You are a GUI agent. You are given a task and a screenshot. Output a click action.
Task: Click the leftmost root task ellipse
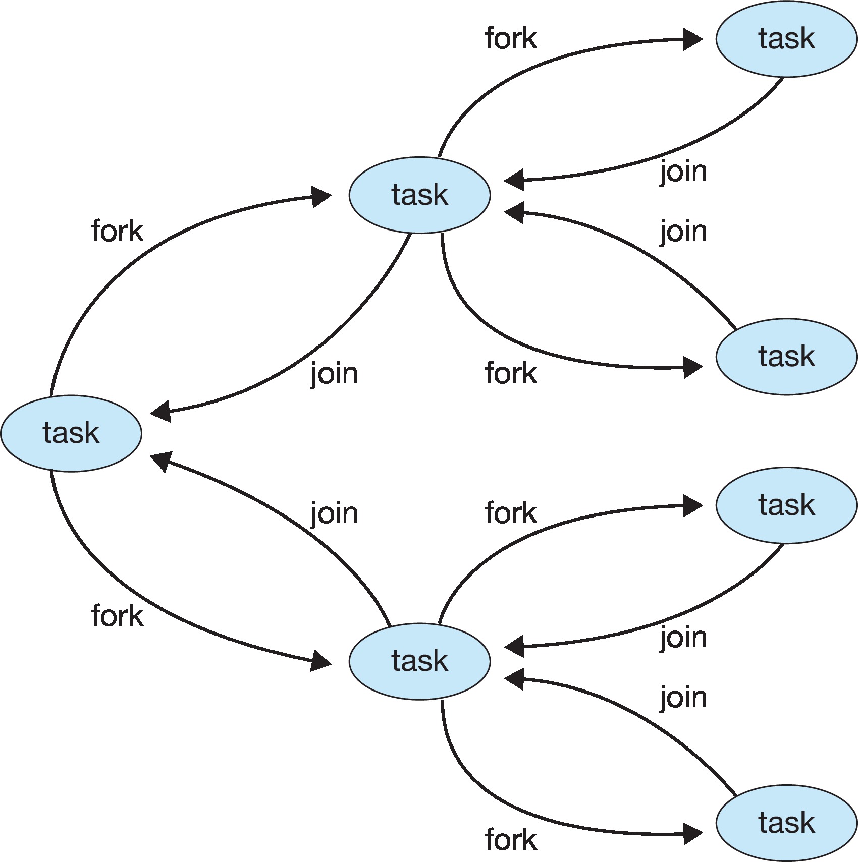pos(71,433)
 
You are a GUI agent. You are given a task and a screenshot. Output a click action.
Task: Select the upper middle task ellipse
pos(419,195)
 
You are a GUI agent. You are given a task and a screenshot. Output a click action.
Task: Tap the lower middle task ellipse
pos(419,661)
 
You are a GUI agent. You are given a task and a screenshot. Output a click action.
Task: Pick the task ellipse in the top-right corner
pos(786,39)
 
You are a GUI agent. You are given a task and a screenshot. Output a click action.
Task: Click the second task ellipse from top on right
pos(786,356)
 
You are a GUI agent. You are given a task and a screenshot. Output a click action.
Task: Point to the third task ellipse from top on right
pos(786,505)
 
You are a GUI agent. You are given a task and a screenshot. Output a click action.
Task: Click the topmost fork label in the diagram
pos(511,39)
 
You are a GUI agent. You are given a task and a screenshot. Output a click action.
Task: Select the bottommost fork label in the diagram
pos(511,840)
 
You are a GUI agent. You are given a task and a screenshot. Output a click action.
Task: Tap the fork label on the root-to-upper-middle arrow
pos(117,232)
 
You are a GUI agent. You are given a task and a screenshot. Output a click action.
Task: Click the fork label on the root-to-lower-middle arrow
pos(117,616)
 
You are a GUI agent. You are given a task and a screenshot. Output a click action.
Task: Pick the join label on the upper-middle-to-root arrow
pos(334,374)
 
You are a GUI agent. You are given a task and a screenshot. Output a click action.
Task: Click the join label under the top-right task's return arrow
pos(683,172)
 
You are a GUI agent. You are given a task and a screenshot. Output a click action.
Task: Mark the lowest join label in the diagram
pos(683,699)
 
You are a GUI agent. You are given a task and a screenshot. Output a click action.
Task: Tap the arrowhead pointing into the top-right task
pos(692,39)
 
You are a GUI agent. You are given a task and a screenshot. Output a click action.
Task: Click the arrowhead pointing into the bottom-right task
pos(692,833)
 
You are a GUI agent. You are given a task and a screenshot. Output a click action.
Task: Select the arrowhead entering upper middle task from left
pos(321,196)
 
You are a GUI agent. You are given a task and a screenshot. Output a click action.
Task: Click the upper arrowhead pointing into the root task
pos(161,412)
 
